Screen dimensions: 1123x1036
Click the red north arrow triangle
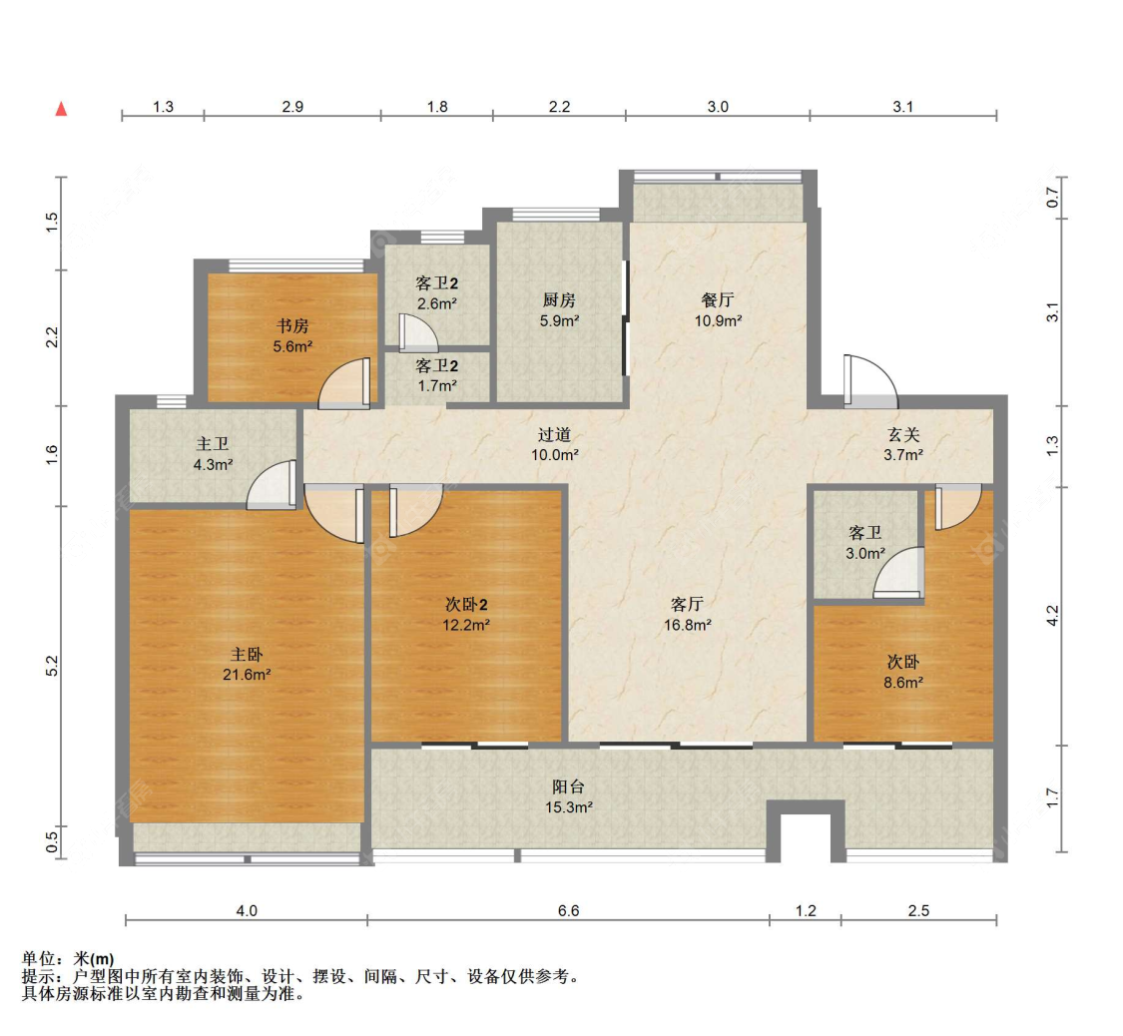[x=62, y=109]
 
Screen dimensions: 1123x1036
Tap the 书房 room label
[x=292, y=326]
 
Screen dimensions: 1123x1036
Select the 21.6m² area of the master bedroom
[x=247, y=675]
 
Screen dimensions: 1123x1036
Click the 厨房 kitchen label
[x=559, y=300]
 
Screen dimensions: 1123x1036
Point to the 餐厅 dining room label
[x=718, y=300]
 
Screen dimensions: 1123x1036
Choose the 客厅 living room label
[x=687, y=605]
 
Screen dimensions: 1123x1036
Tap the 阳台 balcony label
[x=569, y=787]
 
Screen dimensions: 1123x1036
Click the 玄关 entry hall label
[x=903, y=434]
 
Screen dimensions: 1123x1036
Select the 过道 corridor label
[x=554, y=434]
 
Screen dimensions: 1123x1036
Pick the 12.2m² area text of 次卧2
[x=465, y=625]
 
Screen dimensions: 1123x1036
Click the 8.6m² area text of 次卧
[x=903, y=683]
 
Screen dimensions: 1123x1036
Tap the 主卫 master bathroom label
[x=213, y=444]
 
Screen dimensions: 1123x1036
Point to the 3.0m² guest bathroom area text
[x=865, y=554]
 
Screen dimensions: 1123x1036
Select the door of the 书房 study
[x=344, y=383]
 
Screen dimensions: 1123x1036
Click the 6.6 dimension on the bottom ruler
[x=569, y=910]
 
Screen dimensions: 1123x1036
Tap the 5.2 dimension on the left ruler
[x=52, y=666]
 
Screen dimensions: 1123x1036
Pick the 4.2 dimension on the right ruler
[x=1052, y=616]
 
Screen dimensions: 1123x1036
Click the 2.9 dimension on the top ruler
[x=292, y=107]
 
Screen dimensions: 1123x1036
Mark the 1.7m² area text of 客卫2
[x=437, y=386]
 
